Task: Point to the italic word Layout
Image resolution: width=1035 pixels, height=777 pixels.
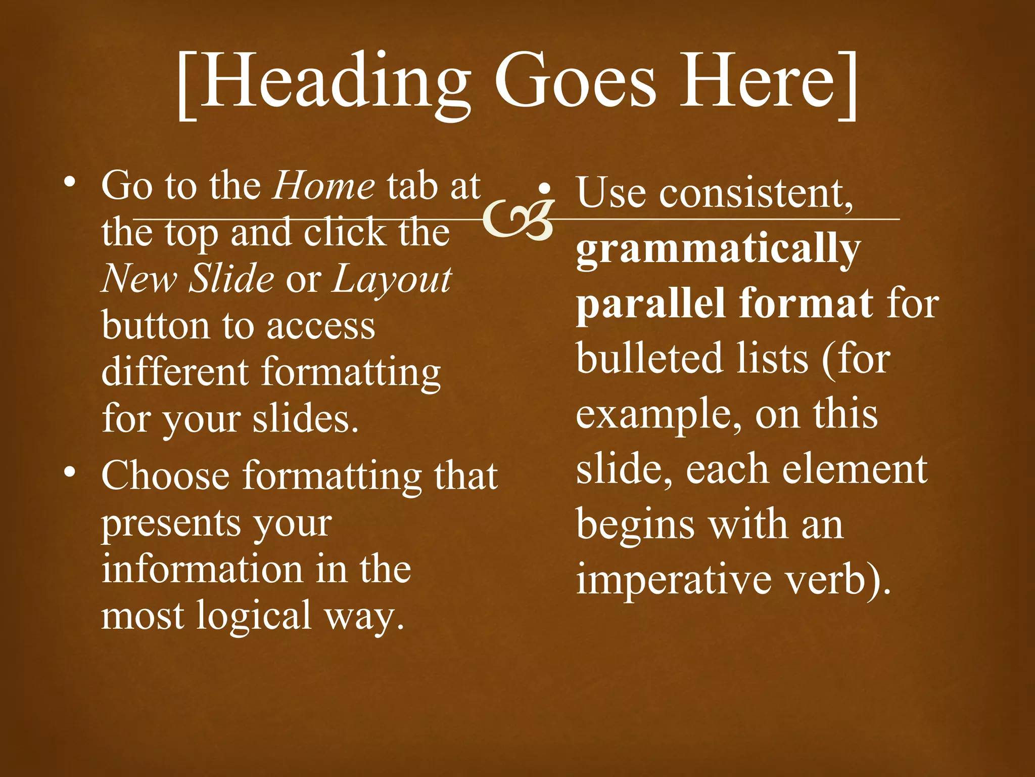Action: (392, 279)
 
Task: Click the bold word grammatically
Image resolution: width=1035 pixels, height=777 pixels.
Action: (718, 249)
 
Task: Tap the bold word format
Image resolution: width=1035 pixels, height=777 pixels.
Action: (806, 303)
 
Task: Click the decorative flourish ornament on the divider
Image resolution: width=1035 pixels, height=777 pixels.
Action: (518, 219)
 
